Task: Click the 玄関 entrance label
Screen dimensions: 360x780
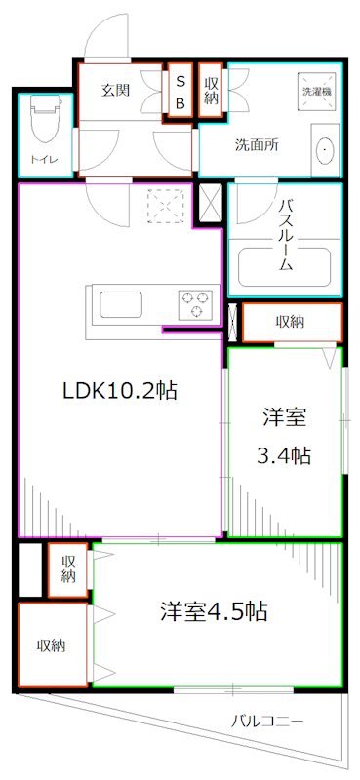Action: point(117,89)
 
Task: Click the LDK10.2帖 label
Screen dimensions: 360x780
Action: point(120,392)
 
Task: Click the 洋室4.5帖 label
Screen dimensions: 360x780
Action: point(216,612)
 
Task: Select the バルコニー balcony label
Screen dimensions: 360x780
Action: point(266,722)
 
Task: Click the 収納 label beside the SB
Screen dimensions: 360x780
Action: point(212,91)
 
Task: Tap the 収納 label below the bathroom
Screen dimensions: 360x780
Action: point(291,322)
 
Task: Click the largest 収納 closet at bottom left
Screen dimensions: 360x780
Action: point(52,645)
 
